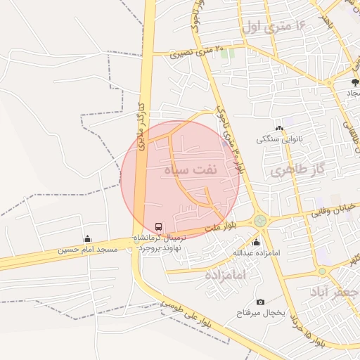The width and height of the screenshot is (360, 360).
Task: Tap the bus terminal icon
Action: pos(158,227)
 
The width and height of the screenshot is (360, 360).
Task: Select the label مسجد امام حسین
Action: pos(87,250)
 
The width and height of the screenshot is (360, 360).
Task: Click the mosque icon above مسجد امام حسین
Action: pos(87,239)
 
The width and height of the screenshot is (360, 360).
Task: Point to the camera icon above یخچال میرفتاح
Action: pos(260,302)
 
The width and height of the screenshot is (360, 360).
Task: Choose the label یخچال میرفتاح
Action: pos(261,312)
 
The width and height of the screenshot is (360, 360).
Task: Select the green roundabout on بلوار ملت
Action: pos(261,221)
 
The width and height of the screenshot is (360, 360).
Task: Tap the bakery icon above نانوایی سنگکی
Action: pos(279,128)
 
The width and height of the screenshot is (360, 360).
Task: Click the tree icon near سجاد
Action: pos(354,82)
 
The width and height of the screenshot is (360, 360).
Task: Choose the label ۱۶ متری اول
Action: pos(274,27)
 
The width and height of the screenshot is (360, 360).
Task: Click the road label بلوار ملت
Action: pos(224,227)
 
